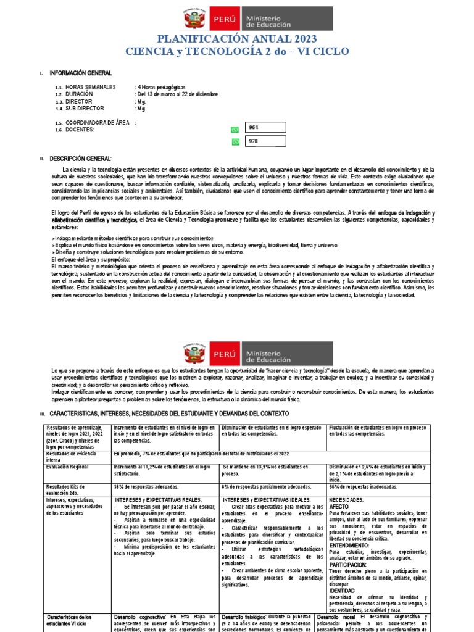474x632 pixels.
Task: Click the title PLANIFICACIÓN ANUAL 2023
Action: (x=236, y=39)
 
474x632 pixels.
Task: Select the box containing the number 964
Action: (x=265, y=128)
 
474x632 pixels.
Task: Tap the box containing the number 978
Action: (x=265, y=141)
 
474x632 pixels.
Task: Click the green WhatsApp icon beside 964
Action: (x=235, y=130)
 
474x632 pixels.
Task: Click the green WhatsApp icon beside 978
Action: (x=235, y=142)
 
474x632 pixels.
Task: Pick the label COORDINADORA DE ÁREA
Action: (x=98, y=123)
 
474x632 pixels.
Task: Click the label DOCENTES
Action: (x=80, y=130)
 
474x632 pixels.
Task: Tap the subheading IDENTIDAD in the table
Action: (x=342, y=591)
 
